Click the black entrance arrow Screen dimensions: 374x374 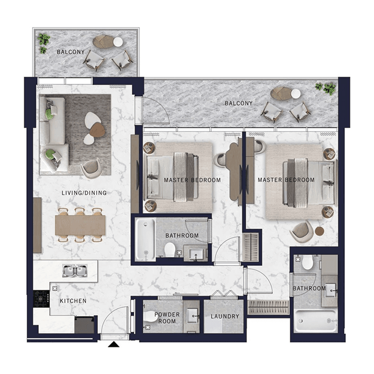click(x=113, y=345)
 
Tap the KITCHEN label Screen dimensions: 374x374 click(x=73, y=301)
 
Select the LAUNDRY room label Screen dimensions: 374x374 click(x=224, y=316)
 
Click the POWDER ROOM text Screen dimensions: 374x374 click(x=167, y=318)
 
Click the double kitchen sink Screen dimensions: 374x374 click(x=75, y=270)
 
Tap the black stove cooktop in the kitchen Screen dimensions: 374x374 click(x=41, y=298)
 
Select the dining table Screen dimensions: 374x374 click(x=80, y=225)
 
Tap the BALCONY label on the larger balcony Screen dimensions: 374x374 click(x=238, y=103)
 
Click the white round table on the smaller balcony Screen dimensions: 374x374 click(x=118, y=42)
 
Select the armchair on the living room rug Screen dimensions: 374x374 click(x=90, y=168)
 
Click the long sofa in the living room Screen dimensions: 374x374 click(x=52, y=134)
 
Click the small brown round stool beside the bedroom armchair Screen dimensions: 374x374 click(x=319, y=231)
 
